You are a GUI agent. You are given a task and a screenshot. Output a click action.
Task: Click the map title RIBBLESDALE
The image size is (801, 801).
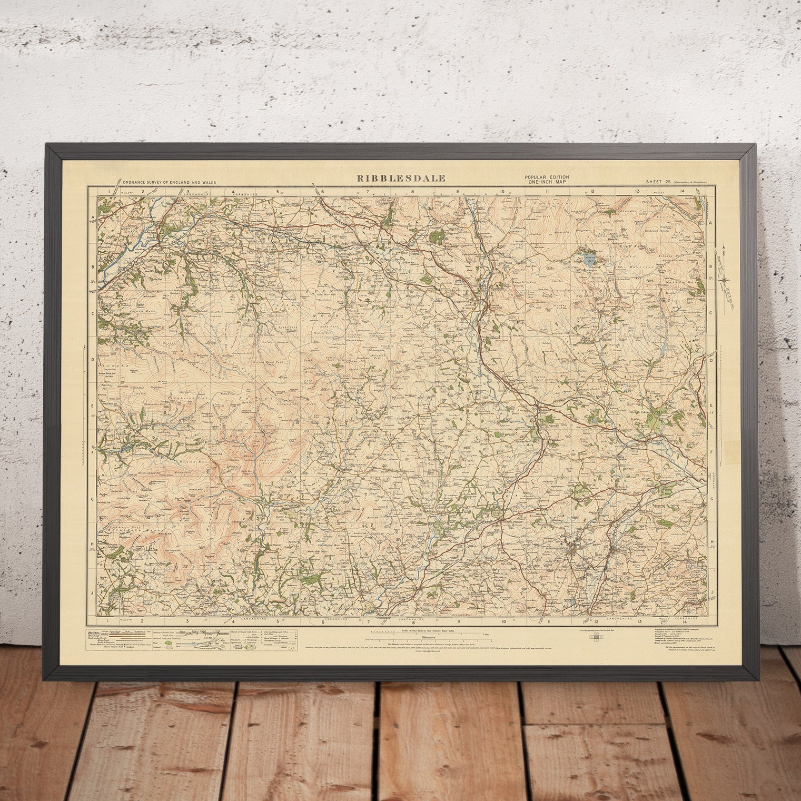pos(401,178)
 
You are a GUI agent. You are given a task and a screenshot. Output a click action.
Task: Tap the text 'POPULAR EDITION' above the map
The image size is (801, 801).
pos(546,176)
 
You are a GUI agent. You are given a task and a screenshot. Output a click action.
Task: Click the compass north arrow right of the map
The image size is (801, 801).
pos(726,270)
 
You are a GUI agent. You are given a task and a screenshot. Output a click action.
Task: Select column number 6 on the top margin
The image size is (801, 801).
pos(322,192)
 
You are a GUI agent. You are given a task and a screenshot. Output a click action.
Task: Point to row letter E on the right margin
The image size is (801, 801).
pos(711,406)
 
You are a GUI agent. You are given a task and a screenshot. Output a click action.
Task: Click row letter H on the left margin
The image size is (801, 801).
pos(92,544)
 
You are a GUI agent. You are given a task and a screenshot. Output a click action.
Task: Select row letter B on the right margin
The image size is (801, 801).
pos(711,267)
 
